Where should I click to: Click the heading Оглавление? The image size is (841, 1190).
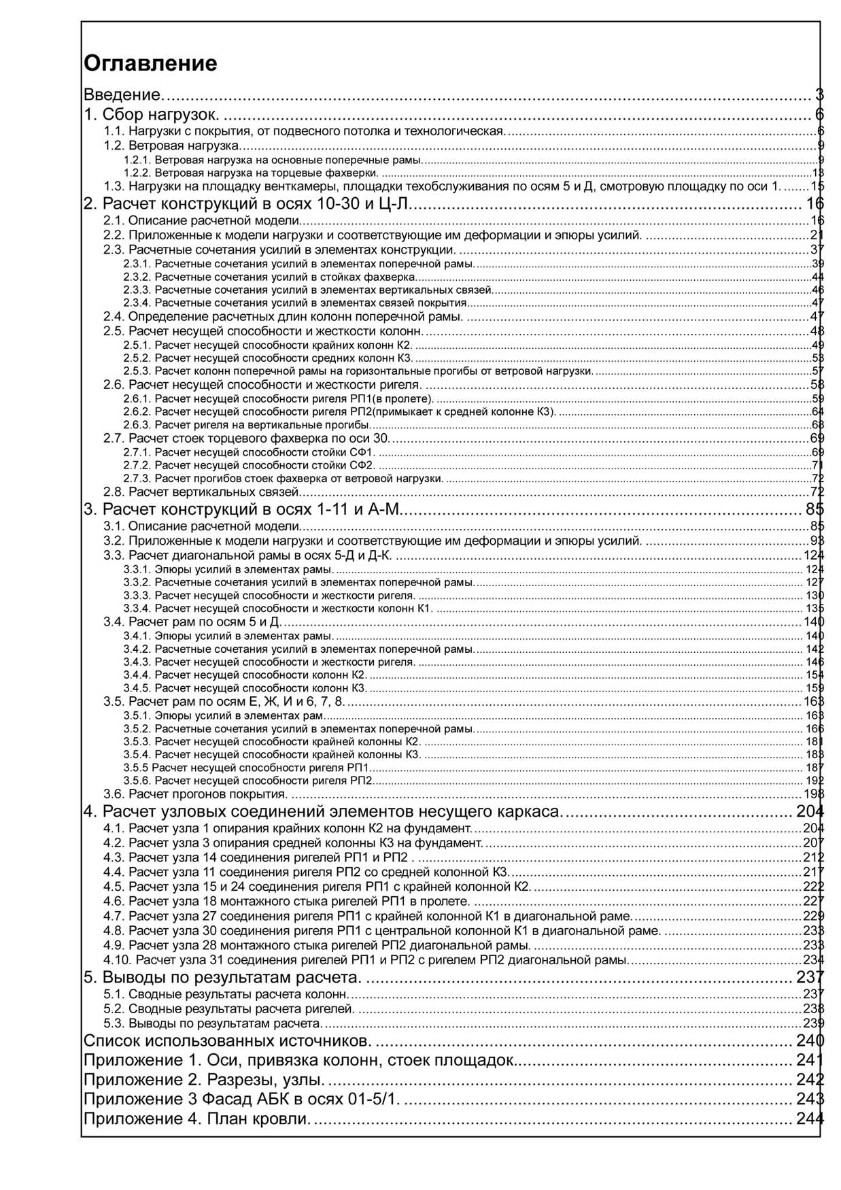point(150,63)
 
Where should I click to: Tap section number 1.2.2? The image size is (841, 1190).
point(137,173)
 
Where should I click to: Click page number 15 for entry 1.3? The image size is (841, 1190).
point(817,186)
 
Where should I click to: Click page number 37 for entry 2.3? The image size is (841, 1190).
point(817,250)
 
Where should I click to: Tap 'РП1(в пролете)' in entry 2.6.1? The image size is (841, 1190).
point(392,398)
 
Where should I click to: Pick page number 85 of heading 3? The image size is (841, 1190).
point(814,509)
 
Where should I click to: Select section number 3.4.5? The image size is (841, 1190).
point(137,688)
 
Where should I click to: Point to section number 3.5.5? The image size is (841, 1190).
point(136,768)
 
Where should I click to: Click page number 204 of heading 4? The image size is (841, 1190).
point(810,811)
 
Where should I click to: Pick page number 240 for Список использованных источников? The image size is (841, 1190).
point(810,1040)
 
